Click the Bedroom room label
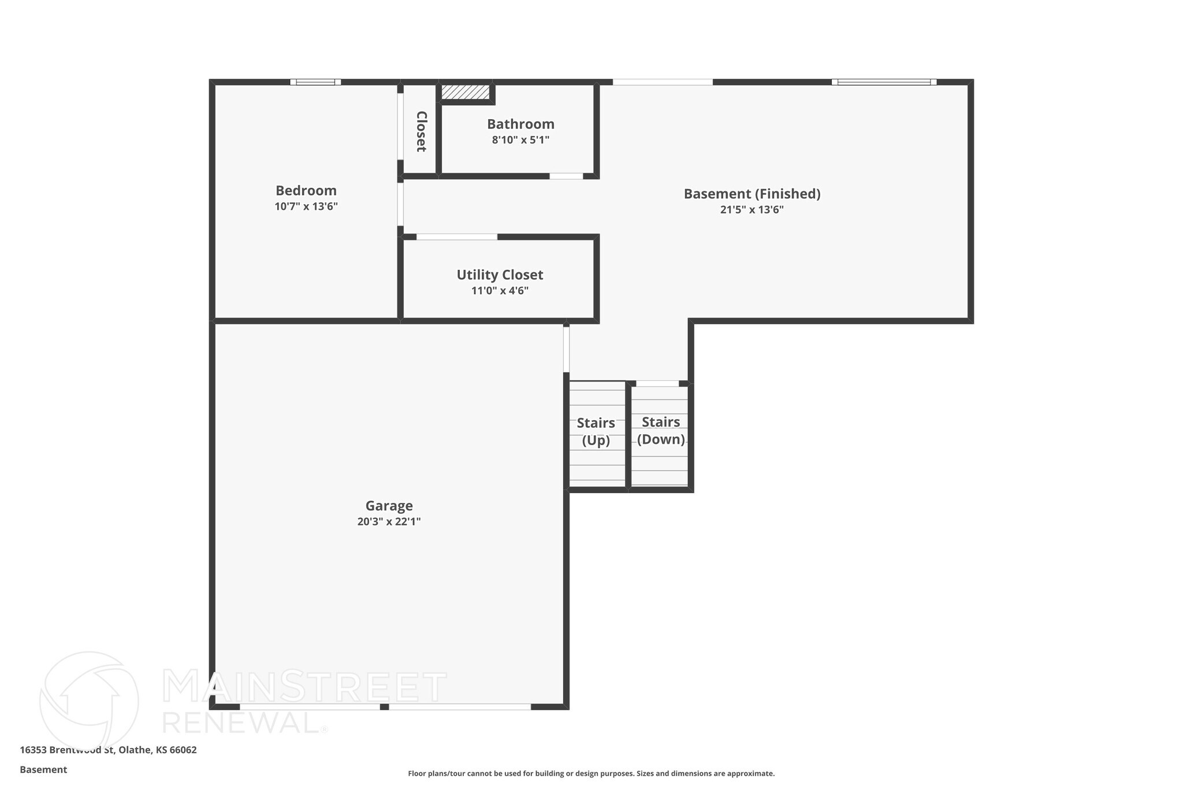pos(306,191)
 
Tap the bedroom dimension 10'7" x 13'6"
pos(306,206)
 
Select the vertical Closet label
pos(421,131)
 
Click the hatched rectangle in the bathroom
pos(466,92)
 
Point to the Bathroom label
pos(520,124)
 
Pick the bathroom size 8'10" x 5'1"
pos(520,140)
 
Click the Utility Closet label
pos(500,275)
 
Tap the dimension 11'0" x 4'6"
pos(500,291)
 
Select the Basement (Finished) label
pos(752,194)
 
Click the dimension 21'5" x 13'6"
pos(752,210)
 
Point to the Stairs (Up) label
pos(596,432)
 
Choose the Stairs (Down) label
pos(661,431)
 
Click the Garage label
pos(389,506)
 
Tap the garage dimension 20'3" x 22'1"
pos(389,521)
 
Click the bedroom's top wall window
pos(315,82)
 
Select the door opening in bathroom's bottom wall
pos(566,176)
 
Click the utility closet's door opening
pos(456,237)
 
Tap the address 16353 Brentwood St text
pos(108,750)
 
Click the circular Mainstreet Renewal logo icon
pos(88,700)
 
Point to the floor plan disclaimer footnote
pos(591,773)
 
